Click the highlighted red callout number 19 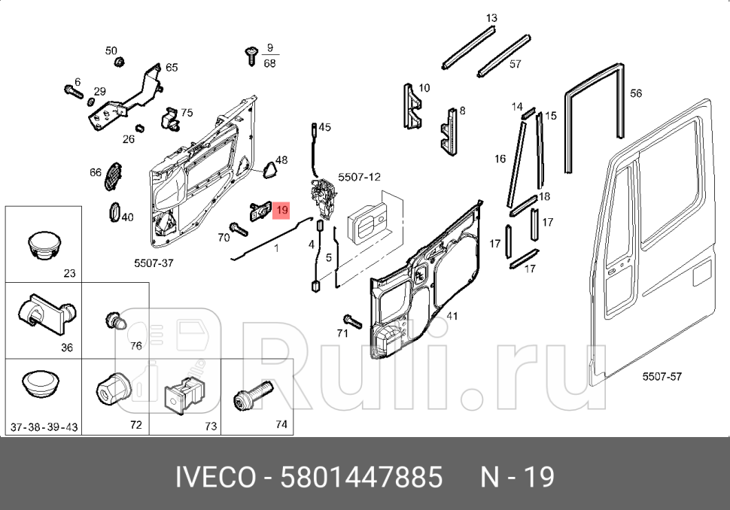click(x=281, y=211)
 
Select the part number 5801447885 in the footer click(x=361, y=477)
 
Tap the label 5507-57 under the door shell click(x=661, y=376)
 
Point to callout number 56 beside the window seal click(x=636, y=94)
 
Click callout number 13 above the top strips click(x=491, y=18)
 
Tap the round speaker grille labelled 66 click(x=112, y=175)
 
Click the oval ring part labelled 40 click(x=116, y=212)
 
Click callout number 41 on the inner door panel click(x=452, y=316)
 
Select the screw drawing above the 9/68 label click(x=251, y=53)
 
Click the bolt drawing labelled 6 click(x=72, y=93)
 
